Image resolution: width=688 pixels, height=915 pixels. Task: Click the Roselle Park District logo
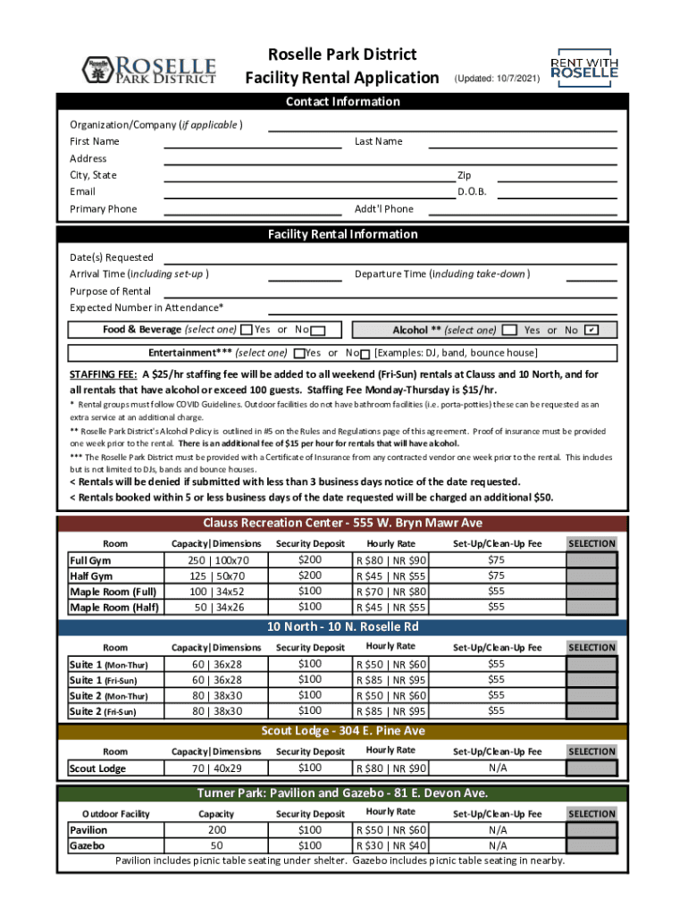[148, 69]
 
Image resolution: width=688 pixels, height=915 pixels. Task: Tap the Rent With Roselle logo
[584, 67]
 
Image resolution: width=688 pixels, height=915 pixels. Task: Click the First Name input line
[253, 145]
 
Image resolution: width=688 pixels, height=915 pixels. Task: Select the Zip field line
[557, 179]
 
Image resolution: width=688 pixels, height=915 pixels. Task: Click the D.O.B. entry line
[557, 196]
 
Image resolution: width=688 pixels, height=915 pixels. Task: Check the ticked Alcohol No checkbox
[591, 331]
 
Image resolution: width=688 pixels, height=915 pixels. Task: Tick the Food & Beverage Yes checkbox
[248, 331]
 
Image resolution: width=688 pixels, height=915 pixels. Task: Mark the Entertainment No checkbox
[365, 354]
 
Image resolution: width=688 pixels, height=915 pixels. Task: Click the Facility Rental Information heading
[343, 234]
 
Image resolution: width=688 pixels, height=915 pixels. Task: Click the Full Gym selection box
[592, 560]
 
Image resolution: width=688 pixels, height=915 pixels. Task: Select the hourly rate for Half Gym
[391, 576]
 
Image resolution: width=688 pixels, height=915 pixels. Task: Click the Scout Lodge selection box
[592, 768]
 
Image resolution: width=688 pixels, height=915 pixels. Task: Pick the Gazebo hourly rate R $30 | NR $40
[391, 845]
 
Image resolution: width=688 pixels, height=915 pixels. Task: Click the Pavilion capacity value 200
[215, 830]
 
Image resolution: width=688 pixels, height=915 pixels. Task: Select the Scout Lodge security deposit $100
[310, 768]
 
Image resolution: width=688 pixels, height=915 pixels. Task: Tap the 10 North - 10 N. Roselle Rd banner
[343, 627]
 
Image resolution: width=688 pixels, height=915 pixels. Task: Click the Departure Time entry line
[592, 278]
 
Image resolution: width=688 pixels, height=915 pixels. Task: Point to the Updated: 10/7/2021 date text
[498, 80]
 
